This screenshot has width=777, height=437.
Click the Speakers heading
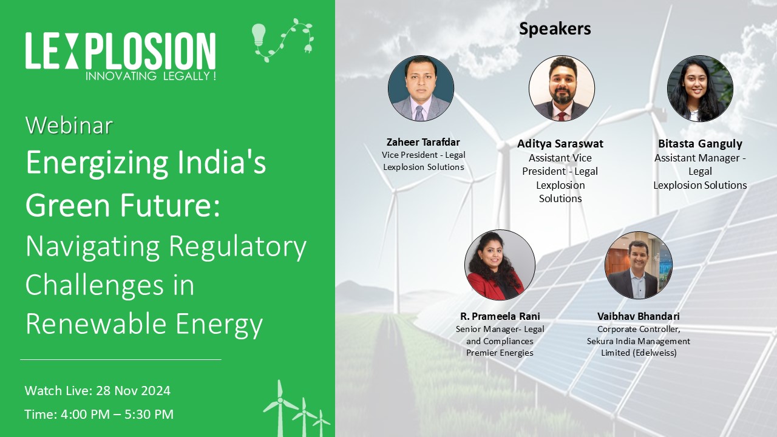tap(555, 29)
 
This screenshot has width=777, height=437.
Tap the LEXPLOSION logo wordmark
tap(121, 51)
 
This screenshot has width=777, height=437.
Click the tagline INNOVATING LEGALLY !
tap(151, 76)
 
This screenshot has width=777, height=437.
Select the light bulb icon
tap(259, 35)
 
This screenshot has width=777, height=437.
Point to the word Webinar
tap(69, 125)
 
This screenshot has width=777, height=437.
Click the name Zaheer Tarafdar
tap(423, 142)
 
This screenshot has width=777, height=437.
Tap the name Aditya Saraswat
tap(560, 144)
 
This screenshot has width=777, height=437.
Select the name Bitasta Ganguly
tap(700, 144)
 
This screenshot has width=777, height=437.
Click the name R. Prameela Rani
tap(500, 316)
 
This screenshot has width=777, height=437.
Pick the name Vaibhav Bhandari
tap(638, 316)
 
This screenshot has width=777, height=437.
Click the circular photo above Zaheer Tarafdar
tap(421, 89)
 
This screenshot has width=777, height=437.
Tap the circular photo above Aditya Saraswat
tap(562, 89)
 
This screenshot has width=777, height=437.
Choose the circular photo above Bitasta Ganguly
tap(700, 89)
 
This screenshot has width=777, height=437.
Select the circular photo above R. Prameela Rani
tap(500, 265)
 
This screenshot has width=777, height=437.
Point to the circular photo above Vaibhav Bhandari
tap(638, 265)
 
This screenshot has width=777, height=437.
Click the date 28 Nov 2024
tap(133, 391)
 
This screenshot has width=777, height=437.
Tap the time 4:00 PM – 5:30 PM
tap(117, 415)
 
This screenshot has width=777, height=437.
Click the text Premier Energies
tap(500, 353)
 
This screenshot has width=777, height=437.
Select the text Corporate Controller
tap(638, 329)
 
